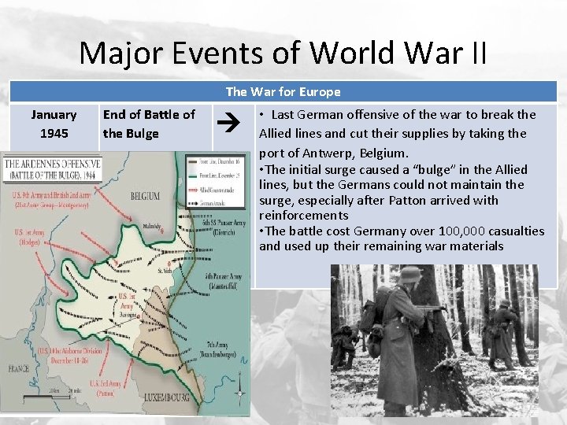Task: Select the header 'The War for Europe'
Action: point(283,92)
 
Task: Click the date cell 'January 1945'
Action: point(54,124)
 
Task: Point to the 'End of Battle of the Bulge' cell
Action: point(149,124)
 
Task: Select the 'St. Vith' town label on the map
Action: point(163,271)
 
